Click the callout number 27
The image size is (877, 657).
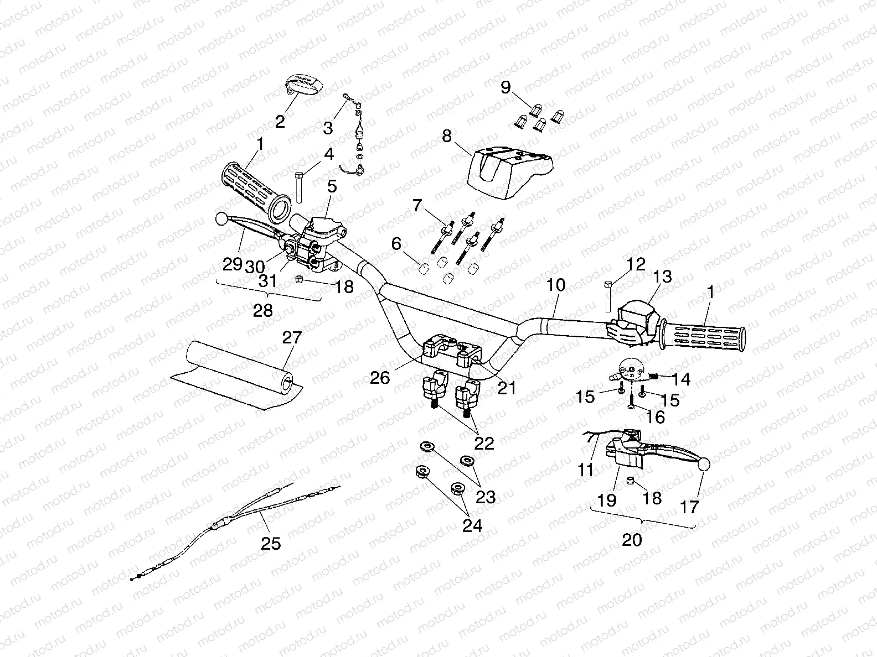click(292, 338)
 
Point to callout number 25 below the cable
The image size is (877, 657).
click(271, 543)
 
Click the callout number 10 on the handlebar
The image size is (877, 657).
click(556, 285)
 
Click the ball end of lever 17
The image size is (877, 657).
click(704, 465)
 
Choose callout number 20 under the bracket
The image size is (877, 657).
click(632, 539)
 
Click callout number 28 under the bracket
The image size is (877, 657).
click(263, 311)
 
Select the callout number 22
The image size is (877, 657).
click(484, 443)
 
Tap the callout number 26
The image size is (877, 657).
click(380, 377)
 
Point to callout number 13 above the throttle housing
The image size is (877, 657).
click(662, 276)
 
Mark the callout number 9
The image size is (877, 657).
click(505, 87)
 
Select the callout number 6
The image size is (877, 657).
click(396, 243)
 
